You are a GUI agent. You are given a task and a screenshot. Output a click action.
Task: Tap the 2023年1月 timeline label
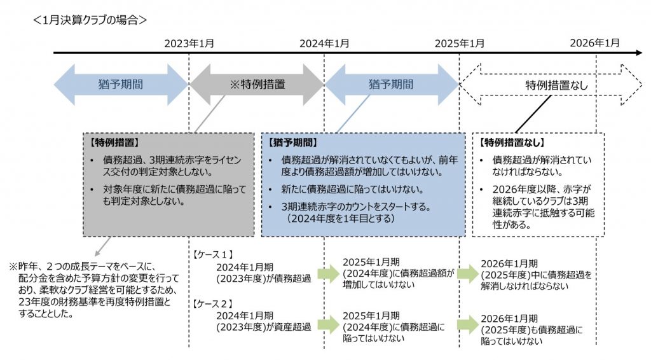coord(189,43)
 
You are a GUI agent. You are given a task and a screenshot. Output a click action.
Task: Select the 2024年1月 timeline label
coord(324,43)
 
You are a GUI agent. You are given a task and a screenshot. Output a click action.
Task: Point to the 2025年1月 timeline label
coord(460,43)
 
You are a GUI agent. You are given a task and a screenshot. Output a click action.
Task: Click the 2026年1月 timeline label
coord(594,43)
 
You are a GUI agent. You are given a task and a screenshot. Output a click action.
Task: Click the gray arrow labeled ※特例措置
coord(257,84)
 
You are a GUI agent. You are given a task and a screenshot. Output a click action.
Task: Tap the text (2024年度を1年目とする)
coord(340,218)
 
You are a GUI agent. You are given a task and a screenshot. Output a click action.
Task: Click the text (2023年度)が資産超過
coord(264,327)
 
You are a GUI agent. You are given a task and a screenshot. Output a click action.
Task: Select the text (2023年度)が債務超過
coord(264,277)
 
